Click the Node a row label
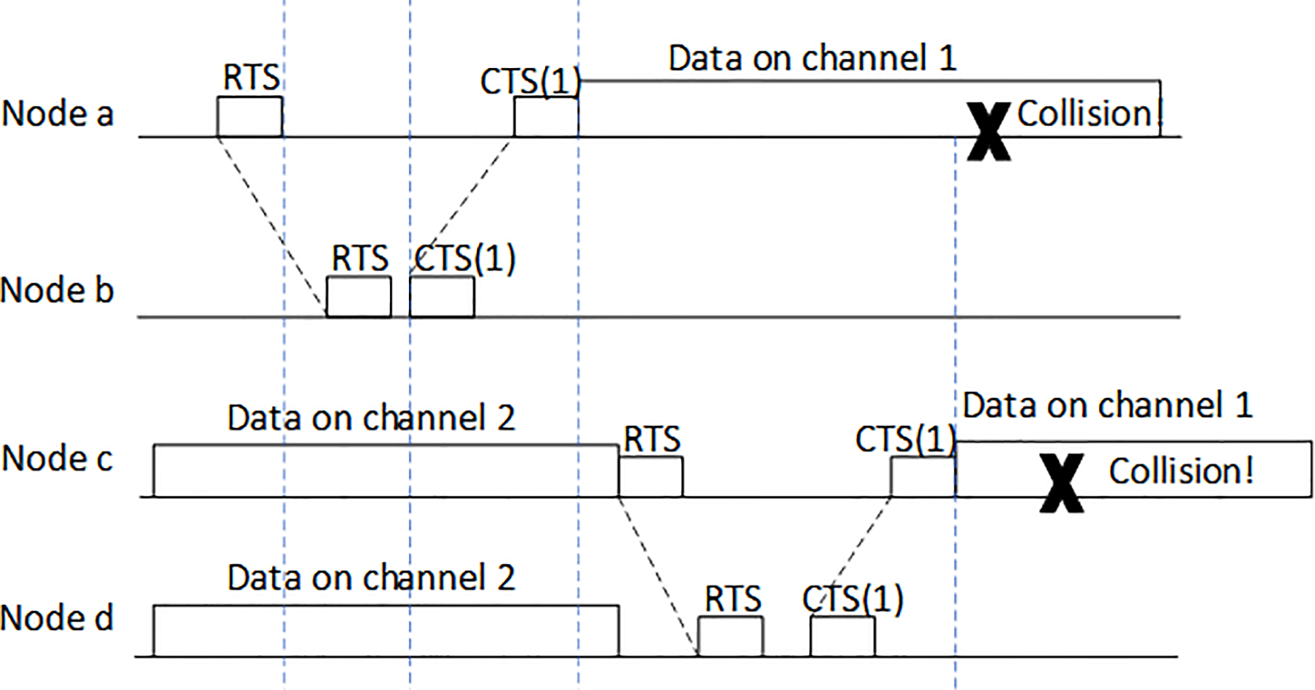click(x=57, y=113)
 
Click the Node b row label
click(x=57, y=291)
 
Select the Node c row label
click(x=57, y=459)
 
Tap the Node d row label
click(x=57, y=619)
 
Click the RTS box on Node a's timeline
click(x=249, y=117)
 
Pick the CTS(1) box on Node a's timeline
click(x=545, y=117)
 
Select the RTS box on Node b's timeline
click(x=358, y=296)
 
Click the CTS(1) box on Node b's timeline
click(x=441, y=296)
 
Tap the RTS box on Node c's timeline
click(x=650, y=476)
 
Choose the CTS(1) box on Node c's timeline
click(x=922, y=476)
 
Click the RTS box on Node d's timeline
click(x=730, y=636)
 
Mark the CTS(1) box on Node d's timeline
click(x=842, y=636)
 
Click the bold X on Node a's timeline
click(x=988, y=131)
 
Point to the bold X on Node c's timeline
click(x=1061, y=483)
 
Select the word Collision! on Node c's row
click(x=1181, y=471)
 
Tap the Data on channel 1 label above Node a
click(x=812, y=58)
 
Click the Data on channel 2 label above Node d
click(x=371, y=578)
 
